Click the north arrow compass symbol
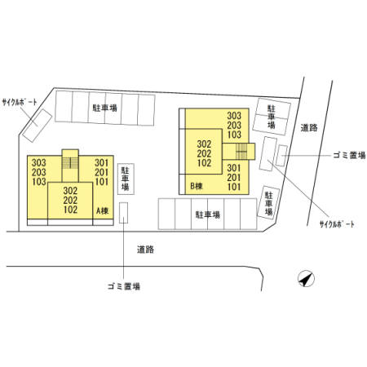tap(306, 279)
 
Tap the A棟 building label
tap(103, 210)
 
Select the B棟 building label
tap(197, 186)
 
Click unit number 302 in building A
tap(70, 191)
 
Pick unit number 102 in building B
tap(204, 163)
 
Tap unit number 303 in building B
tap(234, 116)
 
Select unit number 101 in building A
tap(101, 182)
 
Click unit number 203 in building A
tap(39, 172)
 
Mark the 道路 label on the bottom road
tap(145, 250)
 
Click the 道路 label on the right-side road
tap(309, 128)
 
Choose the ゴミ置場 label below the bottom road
tap(124, 286)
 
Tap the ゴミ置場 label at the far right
tap(349, 156)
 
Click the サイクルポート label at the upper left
tap(20, 102)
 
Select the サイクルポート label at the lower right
tap(337, 224)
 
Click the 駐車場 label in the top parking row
tap(105, 108)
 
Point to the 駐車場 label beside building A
tap(126, 179)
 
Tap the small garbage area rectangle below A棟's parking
tap(124, 213)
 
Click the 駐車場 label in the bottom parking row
tap(208, 214)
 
